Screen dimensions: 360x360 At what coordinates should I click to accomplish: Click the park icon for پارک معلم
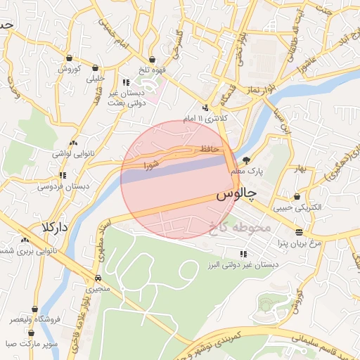[246, 161]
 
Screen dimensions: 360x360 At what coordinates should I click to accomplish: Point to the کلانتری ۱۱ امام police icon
[205, 108]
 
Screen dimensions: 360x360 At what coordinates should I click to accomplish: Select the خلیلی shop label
[95, 79]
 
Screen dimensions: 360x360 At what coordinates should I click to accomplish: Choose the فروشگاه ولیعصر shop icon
[34, 309]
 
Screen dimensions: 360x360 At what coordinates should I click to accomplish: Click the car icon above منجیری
[97, 278]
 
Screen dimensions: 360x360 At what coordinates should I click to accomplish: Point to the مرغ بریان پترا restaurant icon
[299, 231]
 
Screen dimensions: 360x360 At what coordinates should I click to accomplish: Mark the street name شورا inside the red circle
[152, 166]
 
